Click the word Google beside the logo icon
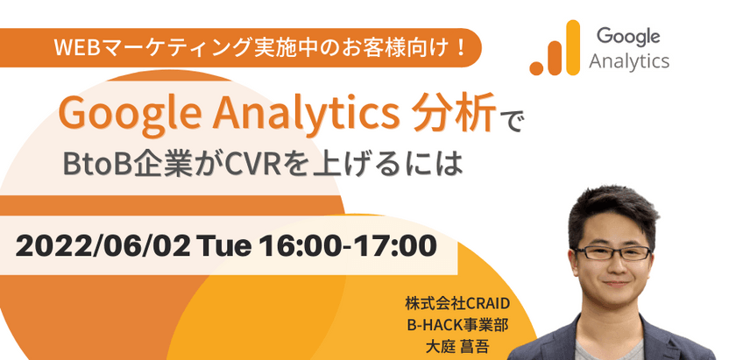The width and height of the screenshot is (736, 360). point(629,36)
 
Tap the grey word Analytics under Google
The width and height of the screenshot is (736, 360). point(629,61)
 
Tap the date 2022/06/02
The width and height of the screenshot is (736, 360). point(104,246)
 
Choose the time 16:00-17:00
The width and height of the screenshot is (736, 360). point(346,246)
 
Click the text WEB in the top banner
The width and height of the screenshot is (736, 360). point(73,46)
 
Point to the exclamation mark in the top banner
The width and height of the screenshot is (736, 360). point(457,46)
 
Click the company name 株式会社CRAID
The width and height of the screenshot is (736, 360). point(456,303)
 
